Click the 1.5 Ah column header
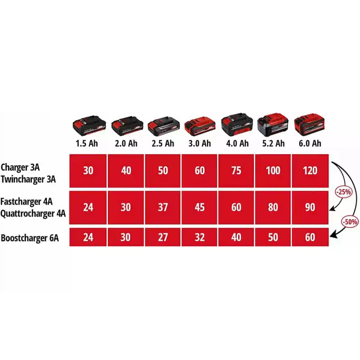87,144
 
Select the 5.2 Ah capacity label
274,144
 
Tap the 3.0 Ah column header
199,144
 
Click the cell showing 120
310,171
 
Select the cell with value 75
236,171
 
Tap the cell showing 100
273,171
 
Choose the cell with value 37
163,207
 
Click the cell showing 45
199,207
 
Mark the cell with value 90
310,207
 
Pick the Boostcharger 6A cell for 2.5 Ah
163,237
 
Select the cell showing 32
199,237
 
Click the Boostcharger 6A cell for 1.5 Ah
88,237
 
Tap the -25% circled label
343,192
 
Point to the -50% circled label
350,222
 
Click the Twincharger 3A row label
28,179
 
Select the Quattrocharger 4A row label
33,214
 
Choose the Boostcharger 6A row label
30,238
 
